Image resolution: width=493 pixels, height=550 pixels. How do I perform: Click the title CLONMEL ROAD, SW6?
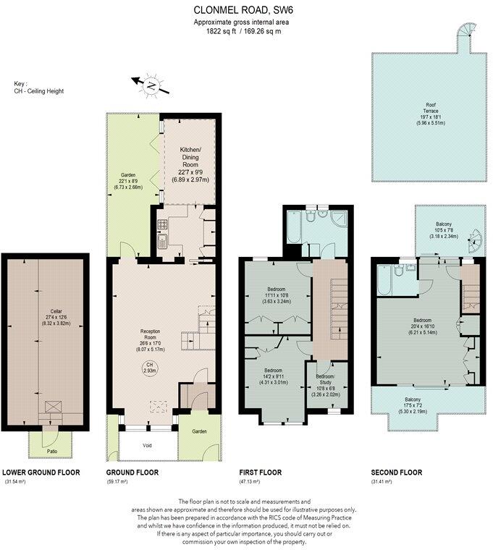click(x=246, y=10)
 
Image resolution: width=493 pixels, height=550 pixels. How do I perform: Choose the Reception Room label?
click(x=151, y=340)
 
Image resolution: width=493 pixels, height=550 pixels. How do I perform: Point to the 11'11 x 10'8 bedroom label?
click(x=277, y=296)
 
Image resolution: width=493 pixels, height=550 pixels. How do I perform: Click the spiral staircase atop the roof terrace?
click(x=463, y=34)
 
